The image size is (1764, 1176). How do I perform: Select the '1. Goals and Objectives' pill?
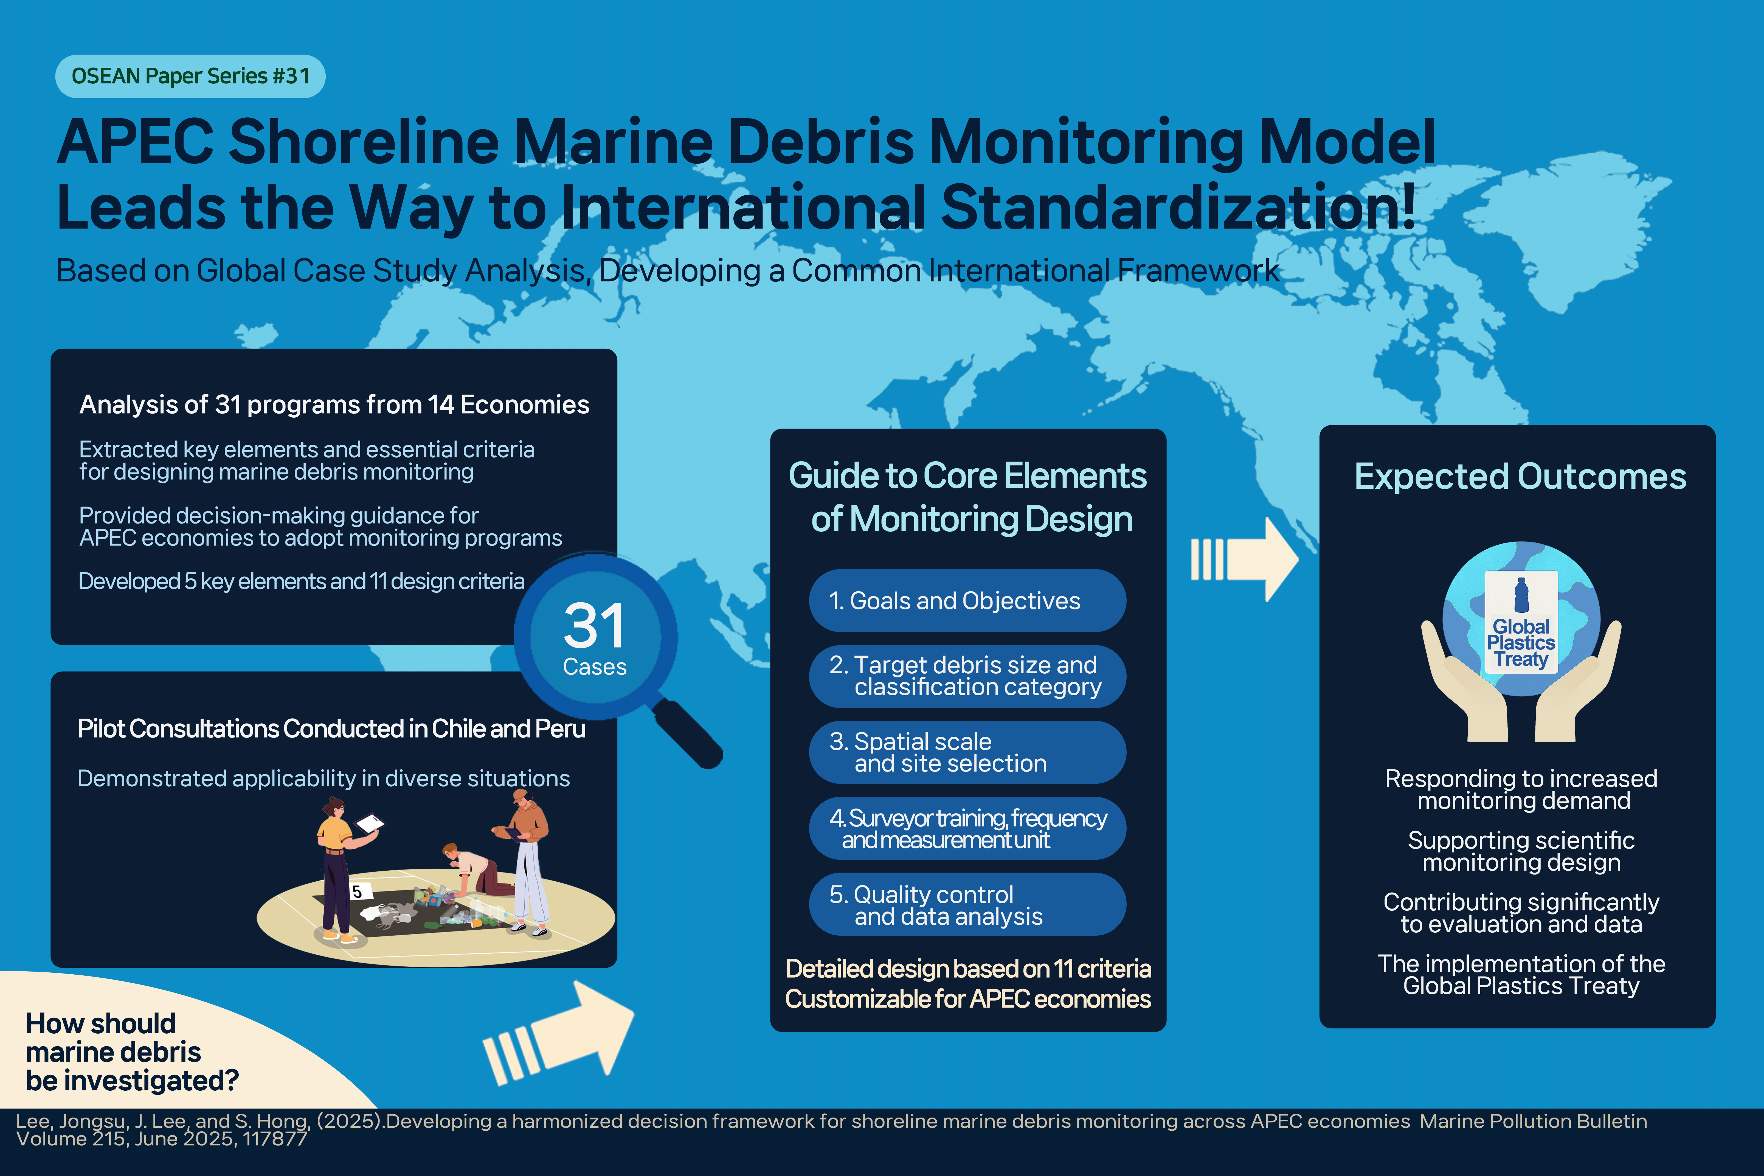click(x=967, y=601)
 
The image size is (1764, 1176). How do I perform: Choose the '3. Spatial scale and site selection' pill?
click(x=967, y=752)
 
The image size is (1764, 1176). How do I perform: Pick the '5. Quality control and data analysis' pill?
click(x=967, y=905)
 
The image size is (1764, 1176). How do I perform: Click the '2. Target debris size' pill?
click(x=967, y=677)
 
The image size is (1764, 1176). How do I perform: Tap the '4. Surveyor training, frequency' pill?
click(x=967, y=828)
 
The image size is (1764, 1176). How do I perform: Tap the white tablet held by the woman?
click(x=370, y=823)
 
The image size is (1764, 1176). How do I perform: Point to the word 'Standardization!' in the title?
click(x=1178, y=207)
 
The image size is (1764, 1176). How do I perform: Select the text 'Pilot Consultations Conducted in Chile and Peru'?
click(x=331, y=729)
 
